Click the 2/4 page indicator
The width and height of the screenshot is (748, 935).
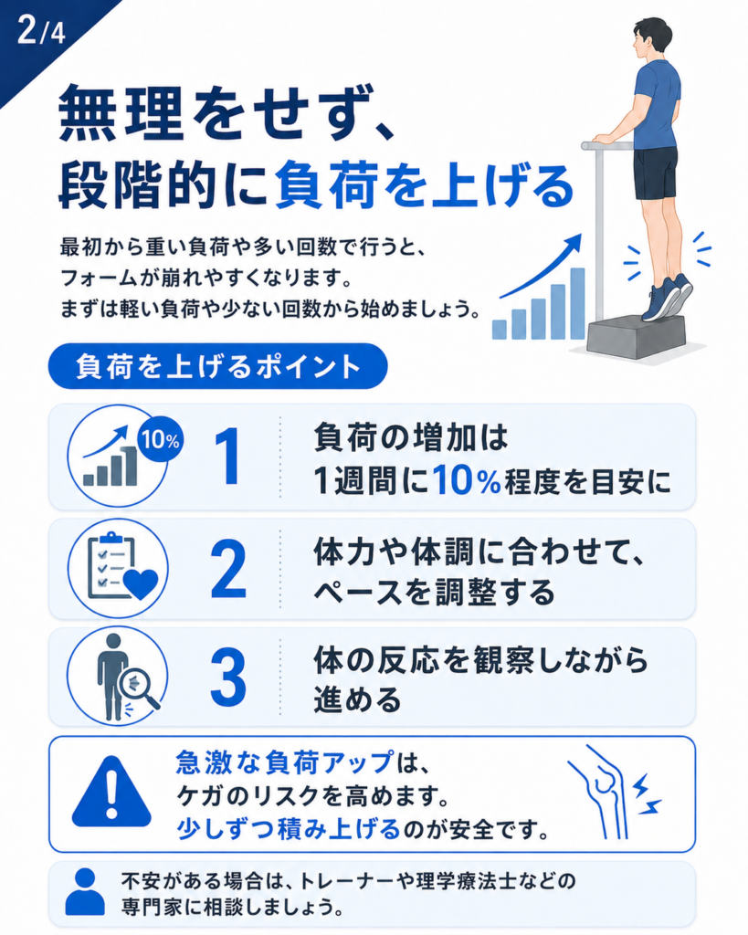coord(40,30)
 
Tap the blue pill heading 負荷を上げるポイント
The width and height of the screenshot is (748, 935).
coord(217,366)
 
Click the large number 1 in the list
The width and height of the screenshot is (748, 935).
coord(228,457)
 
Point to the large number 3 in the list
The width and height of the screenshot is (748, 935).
coord(228,678)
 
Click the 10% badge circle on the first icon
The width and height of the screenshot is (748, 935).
coord(160,440)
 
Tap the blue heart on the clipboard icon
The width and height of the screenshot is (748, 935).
coord(140,583)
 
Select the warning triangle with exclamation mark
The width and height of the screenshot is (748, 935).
coord(111,792)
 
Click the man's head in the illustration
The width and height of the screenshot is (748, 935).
coord(650,38)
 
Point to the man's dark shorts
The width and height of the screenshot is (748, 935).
coord(655,173)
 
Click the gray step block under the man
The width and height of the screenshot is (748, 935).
coord(637,336)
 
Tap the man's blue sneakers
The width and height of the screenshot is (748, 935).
coord(667,297)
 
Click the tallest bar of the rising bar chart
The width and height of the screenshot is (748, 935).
coord(577,303)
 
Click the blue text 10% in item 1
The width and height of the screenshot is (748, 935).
coord(467,480)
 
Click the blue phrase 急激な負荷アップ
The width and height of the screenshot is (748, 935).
coord(285,762)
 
